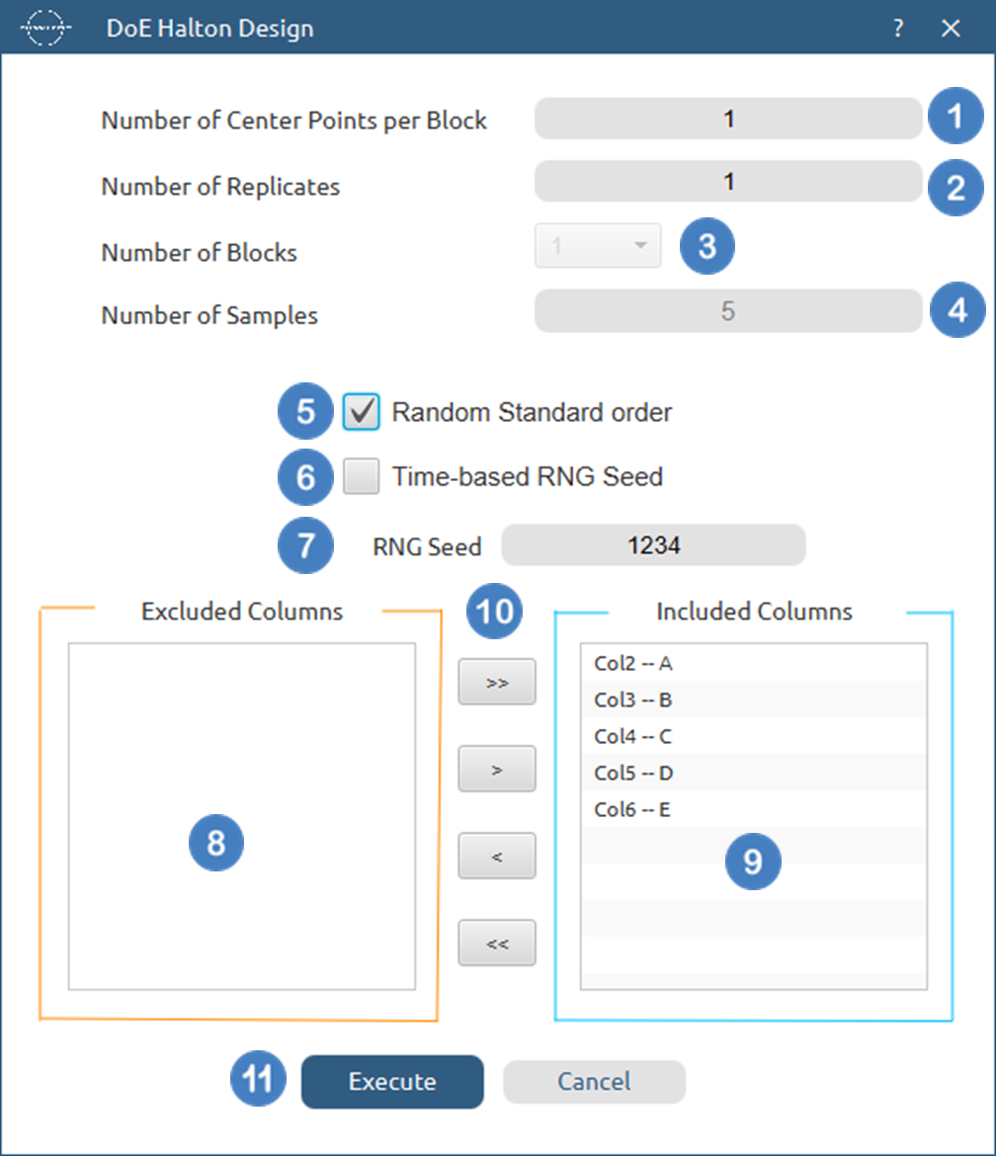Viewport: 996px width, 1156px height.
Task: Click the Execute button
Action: pyautogui.click(x=392, y=1082)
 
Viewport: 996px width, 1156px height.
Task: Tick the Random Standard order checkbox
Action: pyautogui.click(x=362, y=412)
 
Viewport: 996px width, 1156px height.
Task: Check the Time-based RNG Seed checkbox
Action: pyautogui.click(x=362, y=477)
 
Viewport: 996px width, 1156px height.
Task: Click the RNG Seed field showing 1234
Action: pyautogui.click(x=653, y=544)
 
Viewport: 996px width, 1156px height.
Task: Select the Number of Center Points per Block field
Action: pyautogui.click(x=728, y=120)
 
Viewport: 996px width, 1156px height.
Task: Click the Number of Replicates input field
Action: pyautogui.click(x=728, y=183)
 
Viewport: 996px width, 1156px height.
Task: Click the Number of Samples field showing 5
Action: pyautogui.click(x=728, y=312)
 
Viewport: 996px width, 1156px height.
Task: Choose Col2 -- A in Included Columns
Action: pyautogui.click(x=634, y=663)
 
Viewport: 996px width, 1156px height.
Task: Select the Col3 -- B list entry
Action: pyautogui.click(x=634, y=701)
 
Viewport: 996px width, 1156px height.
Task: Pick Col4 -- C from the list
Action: pyautogui.click(x=634, y=736)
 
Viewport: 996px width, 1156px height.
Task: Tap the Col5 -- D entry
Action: pyautogui.click(x=634, y=773)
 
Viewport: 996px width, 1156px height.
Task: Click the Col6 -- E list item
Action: pyautogui.click(x=634, y=810)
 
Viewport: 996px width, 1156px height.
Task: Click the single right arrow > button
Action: pyautogui.click(x=497, y=769)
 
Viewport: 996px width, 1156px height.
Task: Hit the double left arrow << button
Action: pyautogui.click(x=497, y=944)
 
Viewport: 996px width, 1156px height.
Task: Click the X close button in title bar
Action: pyautogui.click(x=952, y=29)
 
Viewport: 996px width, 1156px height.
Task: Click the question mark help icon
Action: pyautogui.click(x=898, y=29)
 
